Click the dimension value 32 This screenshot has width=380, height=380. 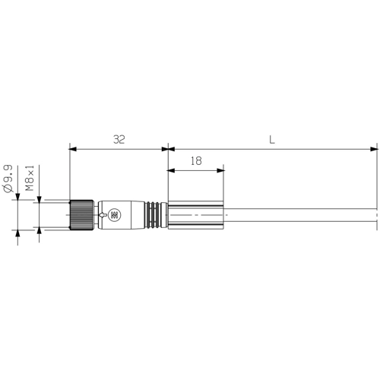point(119,139)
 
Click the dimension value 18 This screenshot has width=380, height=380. point(195,161)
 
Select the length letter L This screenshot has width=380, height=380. point(272,139)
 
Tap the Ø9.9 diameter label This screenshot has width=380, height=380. point(8,177)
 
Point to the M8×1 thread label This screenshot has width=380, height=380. point(30,177)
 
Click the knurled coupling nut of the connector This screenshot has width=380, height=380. point(81,216)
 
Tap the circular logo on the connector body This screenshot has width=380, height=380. point(114,216)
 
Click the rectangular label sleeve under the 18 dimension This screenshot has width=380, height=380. point(195,216)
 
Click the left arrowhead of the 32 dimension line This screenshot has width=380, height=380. point(72,147)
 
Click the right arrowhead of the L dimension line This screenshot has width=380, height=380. point(373,147)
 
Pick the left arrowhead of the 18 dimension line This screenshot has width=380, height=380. point(171,169)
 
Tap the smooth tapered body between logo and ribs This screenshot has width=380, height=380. point(133,216)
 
